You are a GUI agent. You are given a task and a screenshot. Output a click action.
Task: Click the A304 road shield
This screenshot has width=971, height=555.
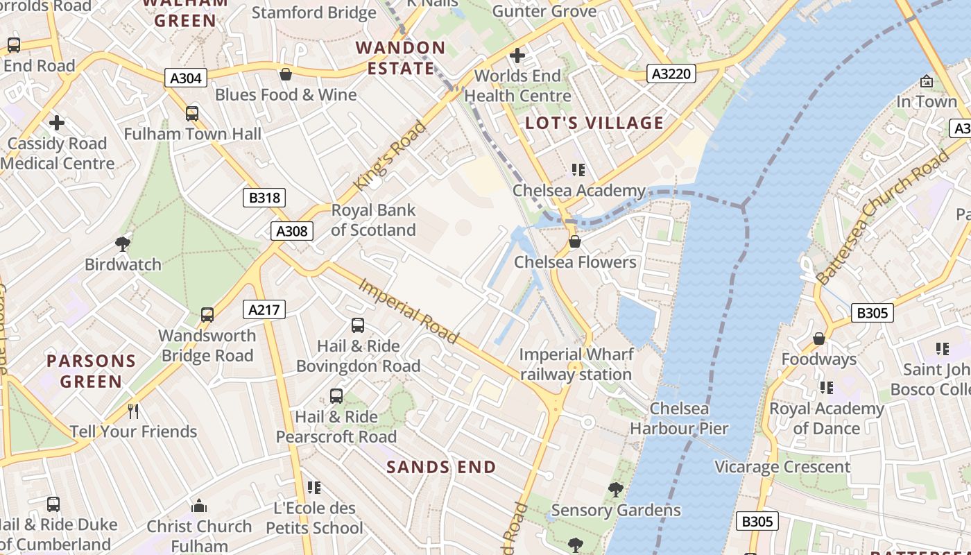186,78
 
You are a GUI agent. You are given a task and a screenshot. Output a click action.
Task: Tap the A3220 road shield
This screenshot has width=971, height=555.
671,73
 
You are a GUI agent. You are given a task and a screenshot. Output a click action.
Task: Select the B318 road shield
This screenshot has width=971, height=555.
264,198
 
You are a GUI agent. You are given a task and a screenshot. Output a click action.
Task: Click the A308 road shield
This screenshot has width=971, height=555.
291,231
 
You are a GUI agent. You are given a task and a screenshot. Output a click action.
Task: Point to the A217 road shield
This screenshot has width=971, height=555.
264,309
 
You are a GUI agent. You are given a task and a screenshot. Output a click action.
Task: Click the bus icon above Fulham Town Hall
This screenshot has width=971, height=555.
192,113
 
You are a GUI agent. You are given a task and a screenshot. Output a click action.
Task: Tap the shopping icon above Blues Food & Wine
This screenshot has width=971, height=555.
285,74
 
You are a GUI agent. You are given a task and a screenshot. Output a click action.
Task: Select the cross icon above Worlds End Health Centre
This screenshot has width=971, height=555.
517,55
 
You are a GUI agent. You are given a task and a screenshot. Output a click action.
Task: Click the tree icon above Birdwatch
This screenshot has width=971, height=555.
123,244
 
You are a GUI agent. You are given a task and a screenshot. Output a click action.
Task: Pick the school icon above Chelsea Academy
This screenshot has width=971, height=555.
578,170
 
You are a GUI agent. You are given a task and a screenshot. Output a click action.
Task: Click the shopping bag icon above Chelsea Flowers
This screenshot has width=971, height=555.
575,241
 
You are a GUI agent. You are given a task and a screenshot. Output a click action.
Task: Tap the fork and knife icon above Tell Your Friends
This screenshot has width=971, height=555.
133,411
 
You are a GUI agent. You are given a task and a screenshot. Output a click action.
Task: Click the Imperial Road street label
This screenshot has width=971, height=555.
409,311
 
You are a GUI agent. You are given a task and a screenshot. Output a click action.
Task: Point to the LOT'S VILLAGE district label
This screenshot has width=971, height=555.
594,123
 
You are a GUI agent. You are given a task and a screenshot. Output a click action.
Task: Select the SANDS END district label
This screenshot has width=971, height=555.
441,467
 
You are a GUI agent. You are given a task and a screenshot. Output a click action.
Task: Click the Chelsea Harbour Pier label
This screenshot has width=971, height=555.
679,418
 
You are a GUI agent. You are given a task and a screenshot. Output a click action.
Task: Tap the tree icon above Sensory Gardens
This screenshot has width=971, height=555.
615,490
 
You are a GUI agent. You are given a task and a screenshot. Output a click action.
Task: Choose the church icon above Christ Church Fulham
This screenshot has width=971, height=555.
199,506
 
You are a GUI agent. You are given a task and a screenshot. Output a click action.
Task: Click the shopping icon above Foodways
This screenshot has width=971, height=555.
819,339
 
